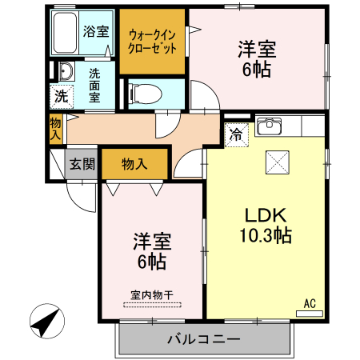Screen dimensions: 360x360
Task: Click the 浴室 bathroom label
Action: click(96, 32)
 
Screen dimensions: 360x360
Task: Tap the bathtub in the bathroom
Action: click(66, 31)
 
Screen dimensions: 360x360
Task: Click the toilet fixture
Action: click(145, 94)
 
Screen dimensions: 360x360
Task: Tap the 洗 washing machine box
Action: click(61, 97)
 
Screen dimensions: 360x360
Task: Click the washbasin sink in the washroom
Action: click(65, 74)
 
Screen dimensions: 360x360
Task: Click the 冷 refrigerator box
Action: click(237, 135)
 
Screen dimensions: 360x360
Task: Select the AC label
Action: click(310, 303)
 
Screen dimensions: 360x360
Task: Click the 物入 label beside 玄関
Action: click(134, 164)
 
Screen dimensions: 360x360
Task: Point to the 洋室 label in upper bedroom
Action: click(257, 50)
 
